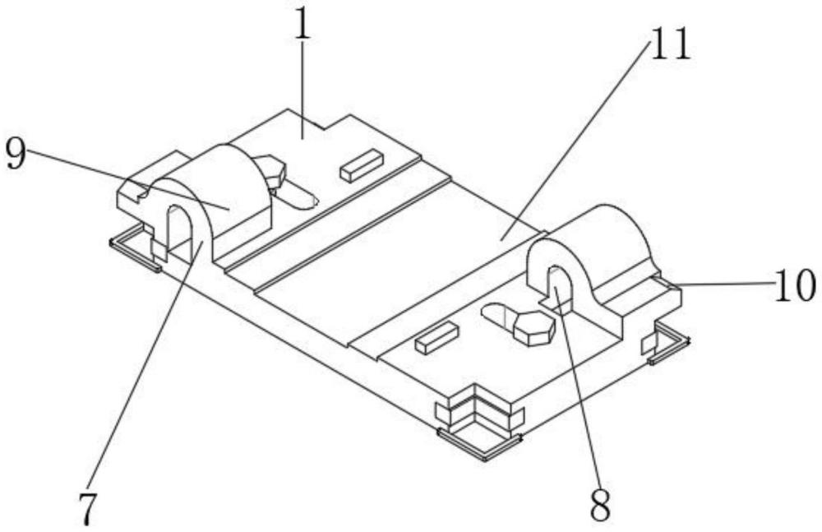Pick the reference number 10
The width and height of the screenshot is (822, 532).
[x=793, y=287]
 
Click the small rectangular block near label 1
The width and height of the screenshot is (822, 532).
[x=362, y=164]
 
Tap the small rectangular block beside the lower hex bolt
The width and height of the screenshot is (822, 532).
[x=436, y=338]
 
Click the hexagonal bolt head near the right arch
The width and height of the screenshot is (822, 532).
[x=534, y=326]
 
